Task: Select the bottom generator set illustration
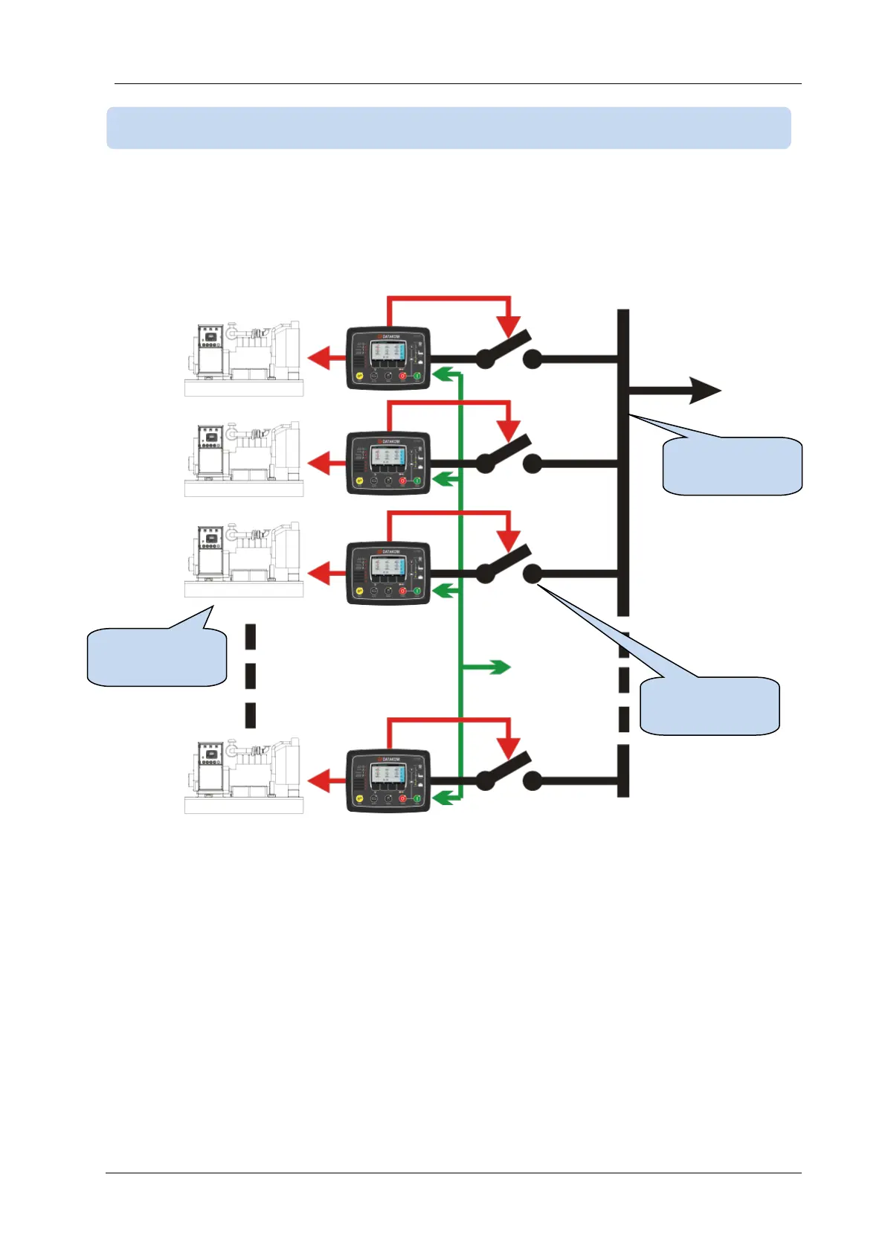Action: pyautogui.click(x=243, y=775)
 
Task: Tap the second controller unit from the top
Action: pyautogui.click(x=388, y=462)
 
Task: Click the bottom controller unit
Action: pyautogui.click(x=388, y=781)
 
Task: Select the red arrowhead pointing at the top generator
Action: pyautogui.click(x=318, y=359)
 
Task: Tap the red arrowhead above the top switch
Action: pyautogui.click(x=509, y=326)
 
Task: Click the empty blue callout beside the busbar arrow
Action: pyautogui.click(x=733, y=467)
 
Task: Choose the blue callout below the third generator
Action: pyautogui.click(x=157, y=656)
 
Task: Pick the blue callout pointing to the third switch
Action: pyautogui.click(x=710, y=705)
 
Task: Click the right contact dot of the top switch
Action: pyautogui.click(x=532, y=359)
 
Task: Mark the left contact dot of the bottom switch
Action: pyautogui.click(x=485, y=781)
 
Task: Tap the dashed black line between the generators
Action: pyautogui.click(x=251, y=676)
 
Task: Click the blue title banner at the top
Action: pyautogui.click(x=448, y=128)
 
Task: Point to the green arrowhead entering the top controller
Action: pyautogui.click(x=442, y=374)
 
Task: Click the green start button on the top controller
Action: pyautogui.click(x=417, y=376)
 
